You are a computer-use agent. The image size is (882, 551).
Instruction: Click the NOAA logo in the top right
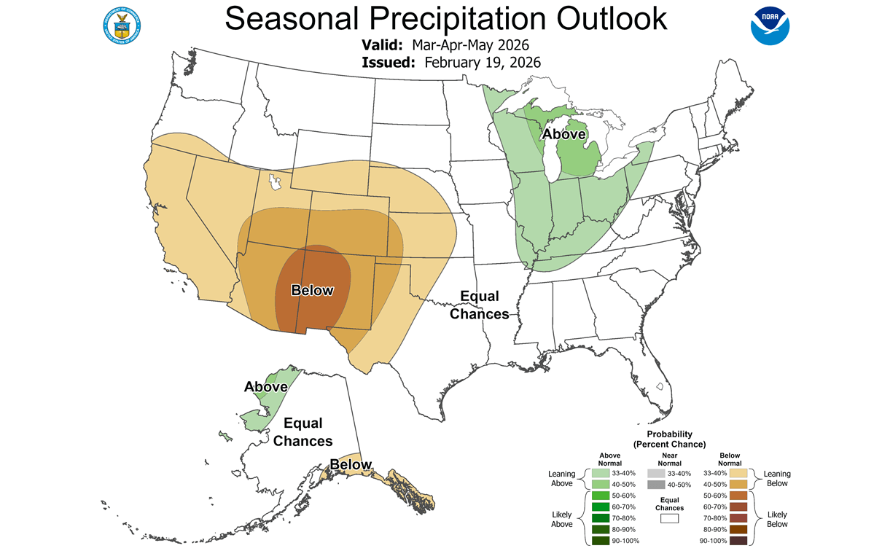tap(770, 26)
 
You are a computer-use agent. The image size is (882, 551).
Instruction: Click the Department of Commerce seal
tap(122, 25)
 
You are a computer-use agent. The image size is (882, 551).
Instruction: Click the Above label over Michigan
tap(563, 134)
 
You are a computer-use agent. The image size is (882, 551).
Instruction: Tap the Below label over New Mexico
tap(312, 290)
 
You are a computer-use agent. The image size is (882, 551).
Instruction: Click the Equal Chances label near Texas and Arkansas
tap(479, 305)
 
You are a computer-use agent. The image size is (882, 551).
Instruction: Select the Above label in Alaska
tap(265, 387)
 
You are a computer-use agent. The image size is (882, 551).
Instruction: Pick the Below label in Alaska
tap(351, 465)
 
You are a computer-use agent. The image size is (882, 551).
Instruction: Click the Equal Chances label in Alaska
tap(303, 432)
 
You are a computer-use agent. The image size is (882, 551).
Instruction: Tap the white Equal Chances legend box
tap(669, 518)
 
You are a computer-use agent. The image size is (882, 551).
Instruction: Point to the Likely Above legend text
tap(561, 518)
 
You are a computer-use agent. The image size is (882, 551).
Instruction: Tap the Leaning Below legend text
tap(777, 478)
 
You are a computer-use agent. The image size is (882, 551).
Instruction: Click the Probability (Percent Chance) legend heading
tap(669, 439)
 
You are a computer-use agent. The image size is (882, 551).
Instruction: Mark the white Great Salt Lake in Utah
tap(275, 182)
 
